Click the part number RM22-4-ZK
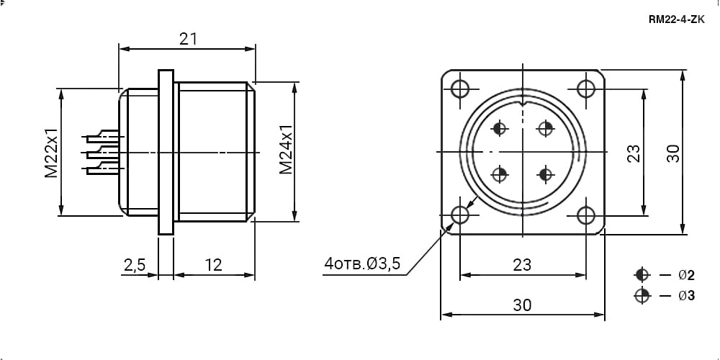(676, 19)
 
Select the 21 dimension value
(188, 39)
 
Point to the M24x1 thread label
(286, 149)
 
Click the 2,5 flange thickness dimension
(135, 264)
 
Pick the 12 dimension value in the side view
(214, 264)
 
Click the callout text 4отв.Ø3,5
(362, 264)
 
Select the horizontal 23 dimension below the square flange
(522, 264)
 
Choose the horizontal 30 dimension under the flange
(522, 305)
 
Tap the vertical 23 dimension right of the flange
(633, 153)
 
